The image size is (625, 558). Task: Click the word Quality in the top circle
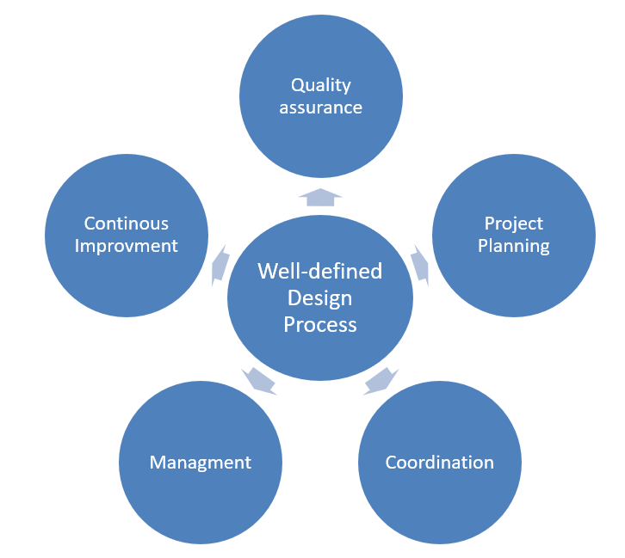[320, 85]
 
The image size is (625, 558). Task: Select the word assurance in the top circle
[320, 107]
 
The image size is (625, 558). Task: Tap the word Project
[513, 224]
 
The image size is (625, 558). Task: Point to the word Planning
[513, 246]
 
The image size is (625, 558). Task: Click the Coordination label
[439, 463]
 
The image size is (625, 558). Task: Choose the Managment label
[201, 463]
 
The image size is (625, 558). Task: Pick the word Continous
[126, 224]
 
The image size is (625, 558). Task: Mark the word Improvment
[126, 246]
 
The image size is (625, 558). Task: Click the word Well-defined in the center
[320, 272]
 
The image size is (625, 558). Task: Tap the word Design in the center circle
[320, 297]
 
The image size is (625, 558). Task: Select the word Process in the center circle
[320, 324]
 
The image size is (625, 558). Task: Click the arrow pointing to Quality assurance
[320, 198]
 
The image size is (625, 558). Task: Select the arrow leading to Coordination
[381, 378]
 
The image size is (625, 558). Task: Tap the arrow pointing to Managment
[259, 378]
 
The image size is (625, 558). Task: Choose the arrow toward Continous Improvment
[220, 264]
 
